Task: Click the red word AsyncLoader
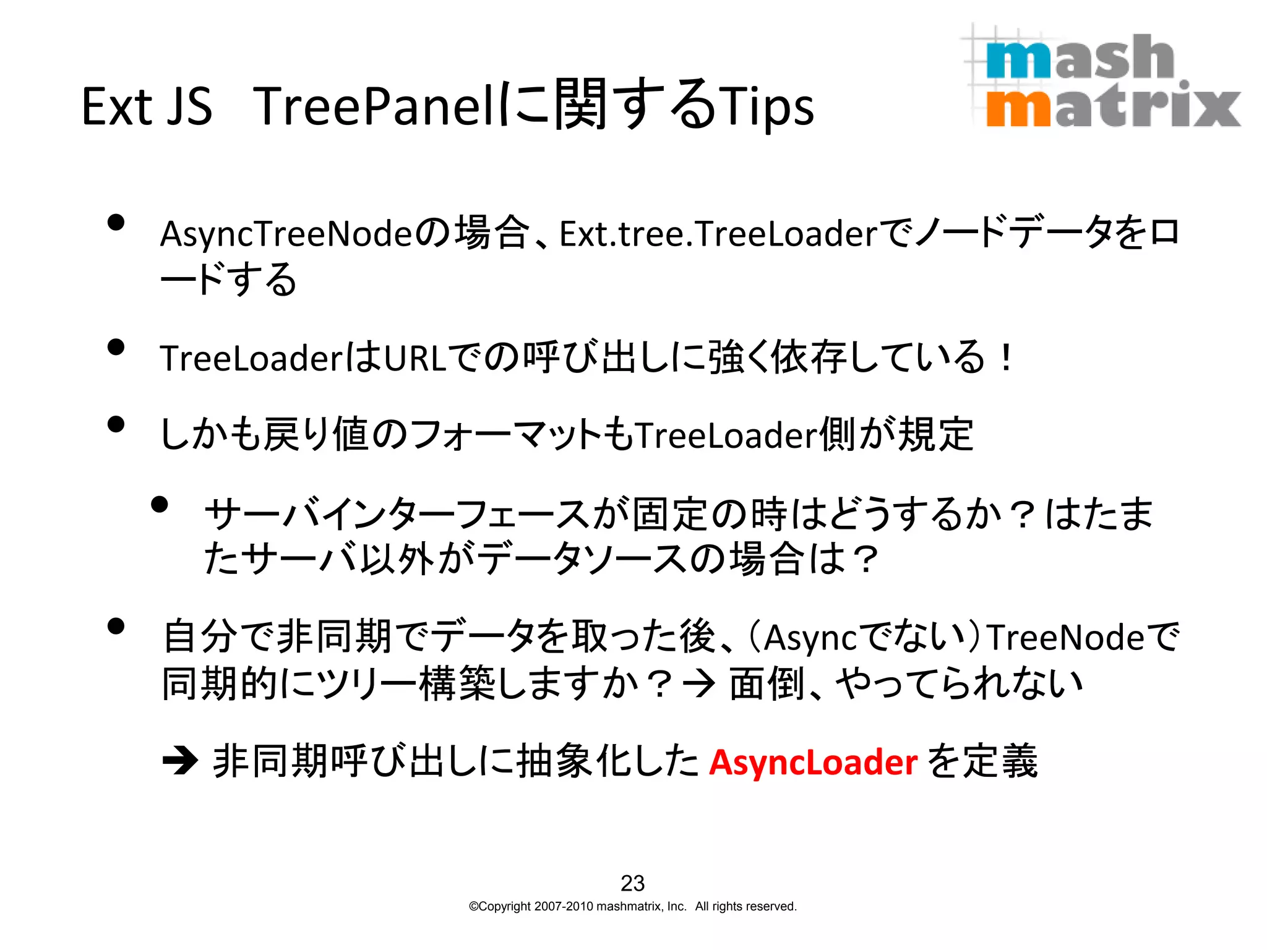click(x=812, y=762)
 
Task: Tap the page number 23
click(x=632, y=883)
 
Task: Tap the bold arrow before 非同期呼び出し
click(x=180, y=761)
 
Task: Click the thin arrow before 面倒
click(x=700, y=684)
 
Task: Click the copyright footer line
click(x=632, y=907)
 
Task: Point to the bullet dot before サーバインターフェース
click(x=160, y=505)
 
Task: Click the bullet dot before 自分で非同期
click(x=116, y=626)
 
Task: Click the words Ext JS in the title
click(x=147, y=106)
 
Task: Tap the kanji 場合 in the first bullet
click(x=492, y=234)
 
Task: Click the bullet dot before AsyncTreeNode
click(x=116, y=222)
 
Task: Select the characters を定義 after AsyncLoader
click(x=982, y=761)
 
